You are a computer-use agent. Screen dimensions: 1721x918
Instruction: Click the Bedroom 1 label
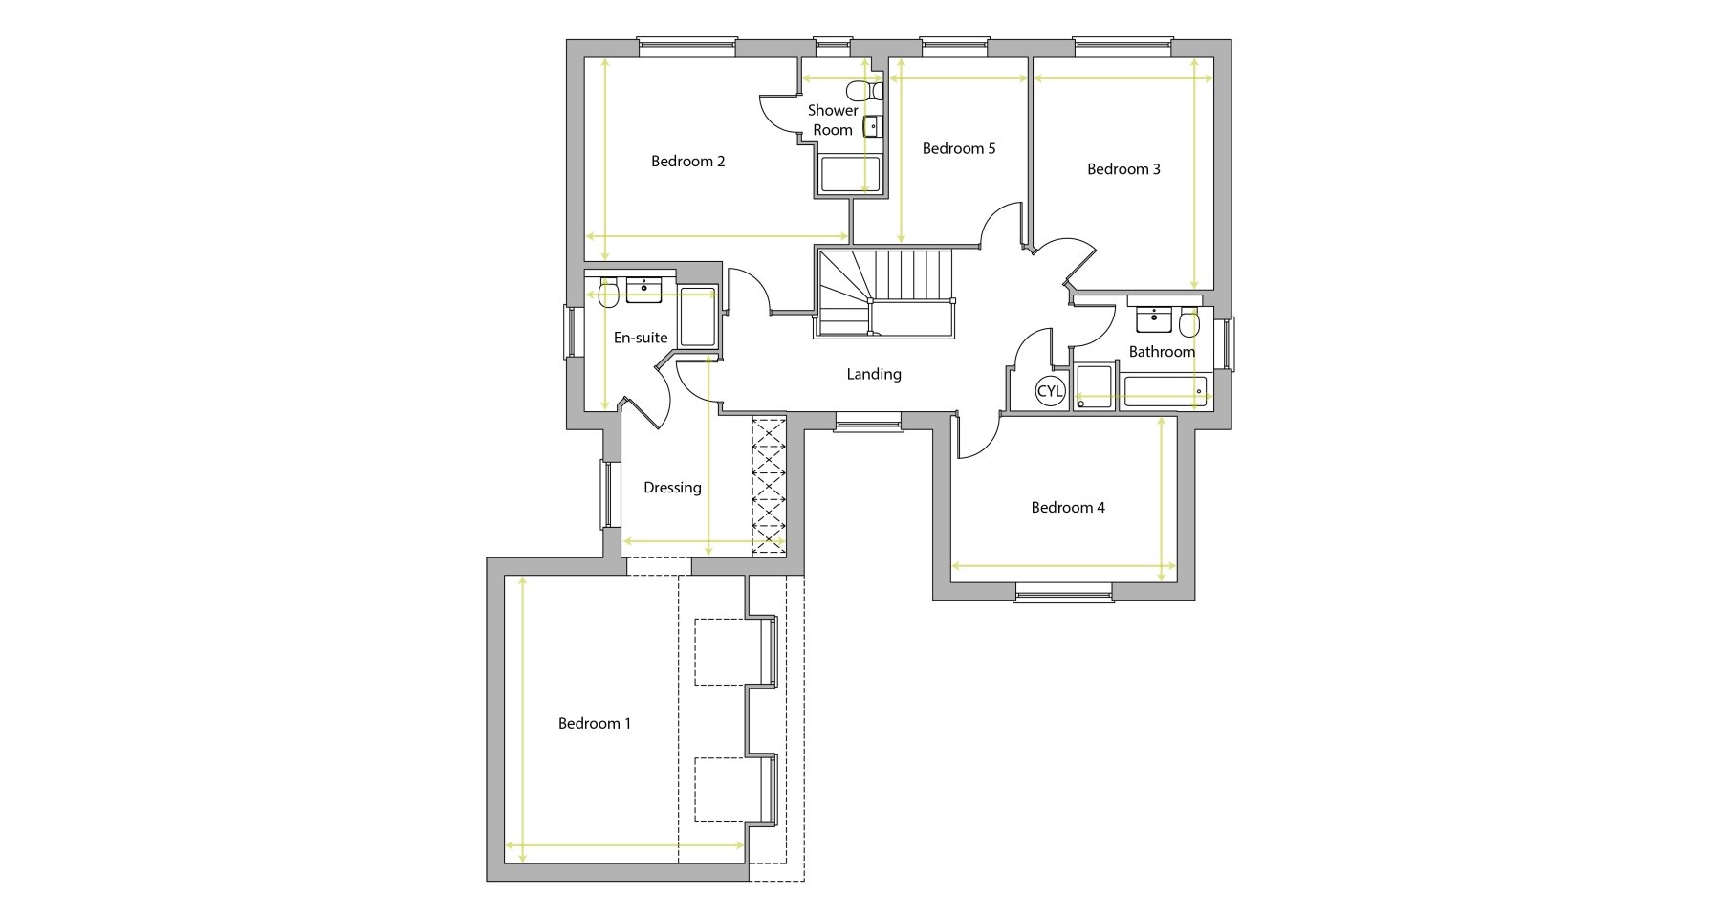click(x=595, y=724)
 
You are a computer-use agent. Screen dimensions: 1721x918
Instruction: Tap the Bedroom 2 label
click(x=688, y=162)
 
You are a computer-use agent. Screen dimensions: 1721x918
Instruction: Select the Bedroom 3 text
click(x=1123, y=169)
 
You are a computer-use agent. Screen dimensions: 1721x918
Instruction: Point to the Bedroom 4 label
click(x=1068, y=508)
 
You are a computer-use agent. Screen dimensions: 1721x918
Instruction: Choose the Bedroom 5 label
click(x=959, y=148)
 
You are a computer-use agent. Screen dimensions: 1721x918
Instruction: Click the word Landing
click(x=874, y=375)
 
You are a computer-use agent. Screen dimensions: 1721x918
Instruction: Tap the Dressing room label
click(x=672, y=488)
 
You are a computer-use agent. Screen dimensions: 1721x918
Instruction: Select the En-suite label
click(x=641, y=338)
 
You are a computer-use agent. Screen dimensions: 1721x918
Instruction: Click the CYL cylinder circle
click(x=1050, y=391)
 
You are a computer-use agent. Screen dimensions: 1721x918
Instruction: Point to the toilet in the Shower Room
click(x=864, y=91)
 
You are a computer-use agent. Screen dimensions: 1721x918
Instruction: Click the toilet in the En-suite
click(x=609, y=293)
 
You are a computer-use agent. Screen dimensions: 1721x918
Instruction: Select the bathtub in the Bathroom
click(x=1164, y=392)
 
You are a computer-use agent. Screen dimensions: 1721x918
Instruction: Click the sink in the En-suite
click(x=643, y=290)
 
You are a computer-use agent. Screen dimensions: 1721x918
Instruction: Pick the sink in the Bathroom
click(x=1153, y=318)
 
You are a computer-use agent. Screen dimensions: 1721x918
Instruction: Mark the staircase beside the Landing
click(x=884, y=292)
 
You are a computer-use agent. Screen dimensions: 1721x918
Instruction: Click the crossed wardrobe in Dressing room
click(x=768, y=486)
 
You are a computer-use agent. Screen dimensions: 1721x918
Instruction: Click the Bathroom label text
click(x=1162, y=352)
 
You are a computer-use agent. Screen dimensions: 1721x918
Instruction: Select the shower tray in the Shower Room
click(x=850, y=175)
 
